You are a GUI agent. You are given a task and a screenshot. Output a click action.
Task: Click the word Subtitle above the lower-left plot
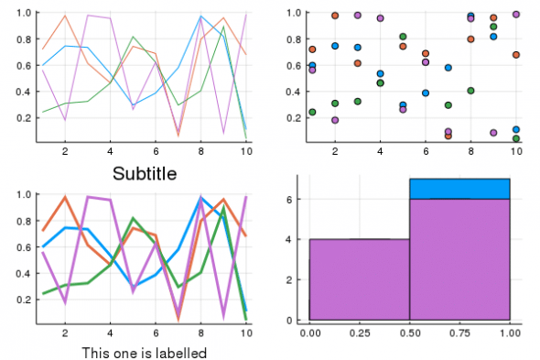tap(145, 173)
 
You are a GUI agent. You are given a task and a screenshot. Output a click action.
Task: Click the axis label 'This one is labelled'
tap(144, 353)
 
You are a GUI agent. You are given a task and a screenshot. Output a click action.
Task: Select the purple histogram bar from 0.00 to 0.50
tap(359, 279)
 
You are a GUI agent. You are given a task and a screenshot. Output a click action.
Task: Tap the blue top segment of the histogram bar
tap(459, 189)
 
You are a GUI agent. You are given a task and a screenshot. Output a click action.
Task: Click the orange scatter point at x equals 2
tap(335, 16)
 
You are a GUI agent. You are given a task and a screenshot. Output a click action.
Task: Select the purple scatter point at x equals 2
tap(335, 120)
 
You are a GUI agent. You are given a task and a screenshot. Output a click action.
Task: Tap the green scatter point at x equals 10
tap(516, 138)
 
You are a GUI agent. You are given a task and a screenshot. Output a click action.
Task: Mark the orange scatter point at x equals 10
tap(516, 55)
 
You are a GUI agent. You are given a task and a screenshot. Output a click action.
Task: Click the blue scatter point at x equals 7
tap(448, 68)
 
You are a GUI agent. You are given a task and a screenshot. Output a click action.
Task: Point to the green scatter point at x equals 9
tap(493, 27)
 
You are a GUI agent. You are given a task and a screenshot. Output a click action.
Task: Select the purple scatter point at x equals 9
tap(493, 133)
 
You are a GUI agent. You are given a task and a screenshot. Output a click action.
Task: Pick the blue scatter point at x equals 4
tap(380, 73)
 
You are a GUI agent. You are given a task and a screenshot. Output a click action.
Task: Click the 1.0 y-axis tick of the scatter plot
tap(296, 13)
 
